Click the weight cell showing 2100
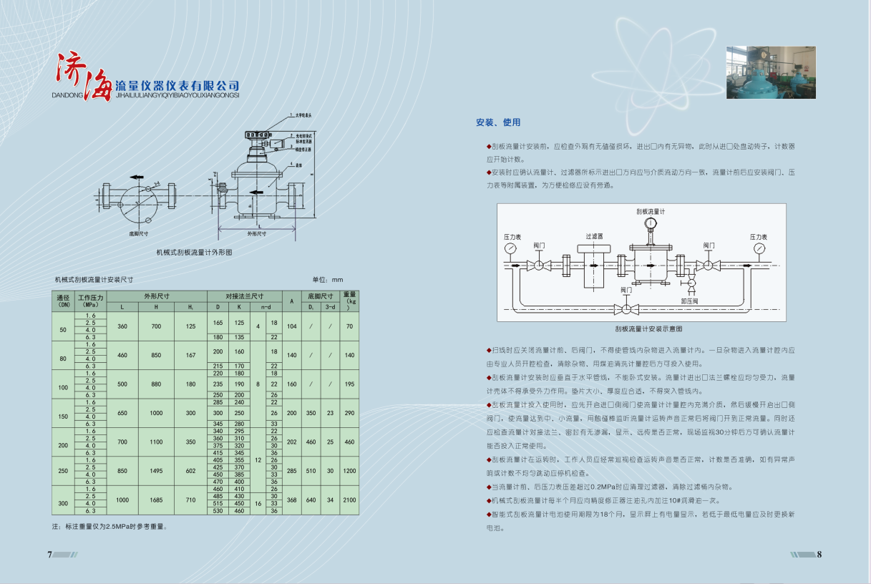click(349, 500)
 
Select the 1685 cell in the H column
click(156, 500)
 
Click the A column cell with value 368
click(291, 500)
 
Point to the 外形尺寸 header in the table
click(156, 295)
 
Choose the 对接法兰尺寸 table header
click(244, 295)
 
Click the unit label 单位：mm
click(328, 279)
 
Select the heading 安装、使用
click(498, 123)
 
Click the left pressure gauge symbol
click(510, 248)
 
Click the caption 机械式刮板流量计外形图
click(195, 252)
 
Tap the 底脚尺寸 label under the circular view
click(139, 233)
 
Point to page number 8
click(819, 555)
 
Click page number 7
click(49, 555)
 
